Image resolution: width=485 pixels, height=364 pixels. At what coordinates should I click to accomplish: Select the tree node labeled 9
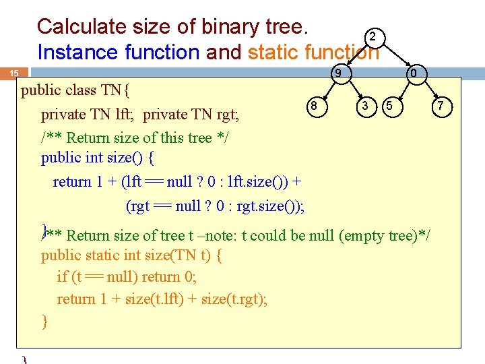coord(339,73)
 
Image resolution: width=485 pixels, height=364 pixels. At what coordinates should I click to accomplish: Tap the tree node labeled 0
coord(416,73)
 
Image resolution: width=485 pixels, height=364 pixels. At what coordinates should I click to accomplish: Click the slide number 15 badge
coord(14,73)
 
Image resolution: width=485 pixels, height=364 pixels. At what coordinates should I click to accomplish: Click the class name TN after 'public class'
coord(112,90)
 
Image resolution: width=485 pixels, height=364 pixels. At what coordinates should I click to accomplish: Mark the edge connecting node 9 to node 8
coord(327,88)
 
